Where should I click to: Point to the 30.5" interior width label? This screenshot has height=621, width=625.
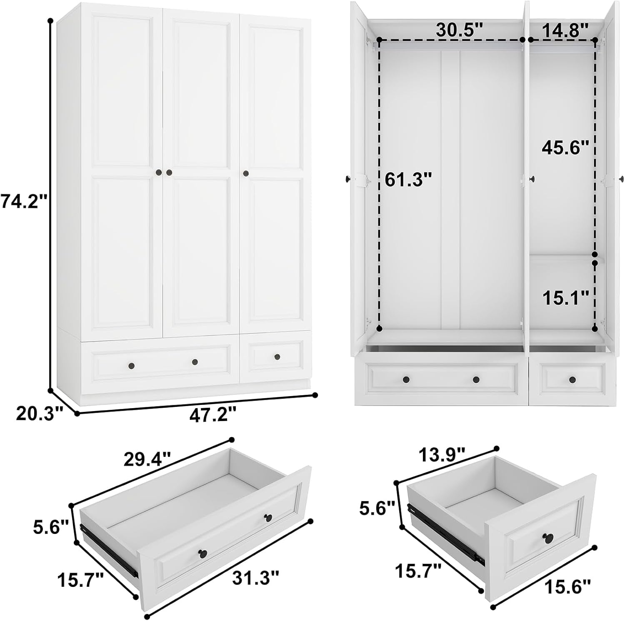coord(459,30)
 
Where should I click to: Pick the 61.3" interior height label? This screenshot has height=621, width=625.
coord(408,180)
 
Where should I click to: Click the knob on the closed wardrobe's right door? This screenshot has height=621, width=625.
coord(246,173)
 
